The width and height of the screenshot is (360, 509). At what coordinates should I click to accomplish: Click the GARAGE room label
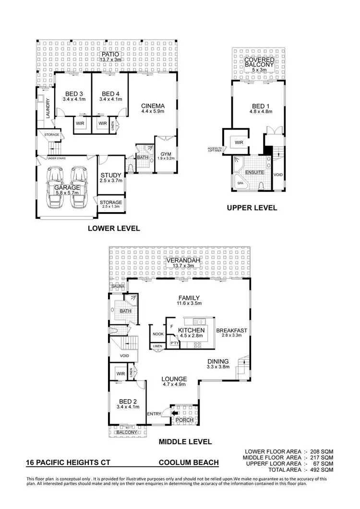[x=66, y=188]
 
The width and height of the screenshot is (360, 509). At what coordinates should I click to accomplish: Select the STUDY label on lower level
[x=111, y=175]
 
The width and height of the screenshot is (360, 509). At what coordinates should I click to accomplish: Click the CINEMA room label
[x=153, y=106]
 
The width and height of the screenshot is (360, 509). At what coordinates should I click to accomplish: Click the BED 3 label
[x=73, y=94]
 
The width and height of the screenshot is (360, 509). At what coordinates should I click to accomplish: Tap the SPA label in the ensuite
[x=240, y=183]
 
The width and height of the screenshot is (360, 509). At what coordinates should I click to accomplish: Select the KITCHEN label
[x=192, y=331]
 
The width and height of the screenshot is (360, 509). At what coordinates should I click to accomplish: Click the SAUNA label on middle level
[x=118, y=286]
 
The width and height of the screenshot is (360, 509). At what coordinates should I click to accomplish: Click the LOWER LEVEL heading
[x=114, y=229]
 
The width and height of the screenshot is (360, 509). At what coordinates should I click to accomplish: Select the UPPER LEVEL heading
[x=252, y=208]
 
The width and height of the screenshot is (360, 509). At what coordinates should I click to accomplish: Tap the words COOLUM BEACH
[x=189, y=463]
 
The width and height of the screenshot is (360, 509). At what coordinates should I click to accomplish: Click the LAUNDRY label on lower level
[x=48, y=108]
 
